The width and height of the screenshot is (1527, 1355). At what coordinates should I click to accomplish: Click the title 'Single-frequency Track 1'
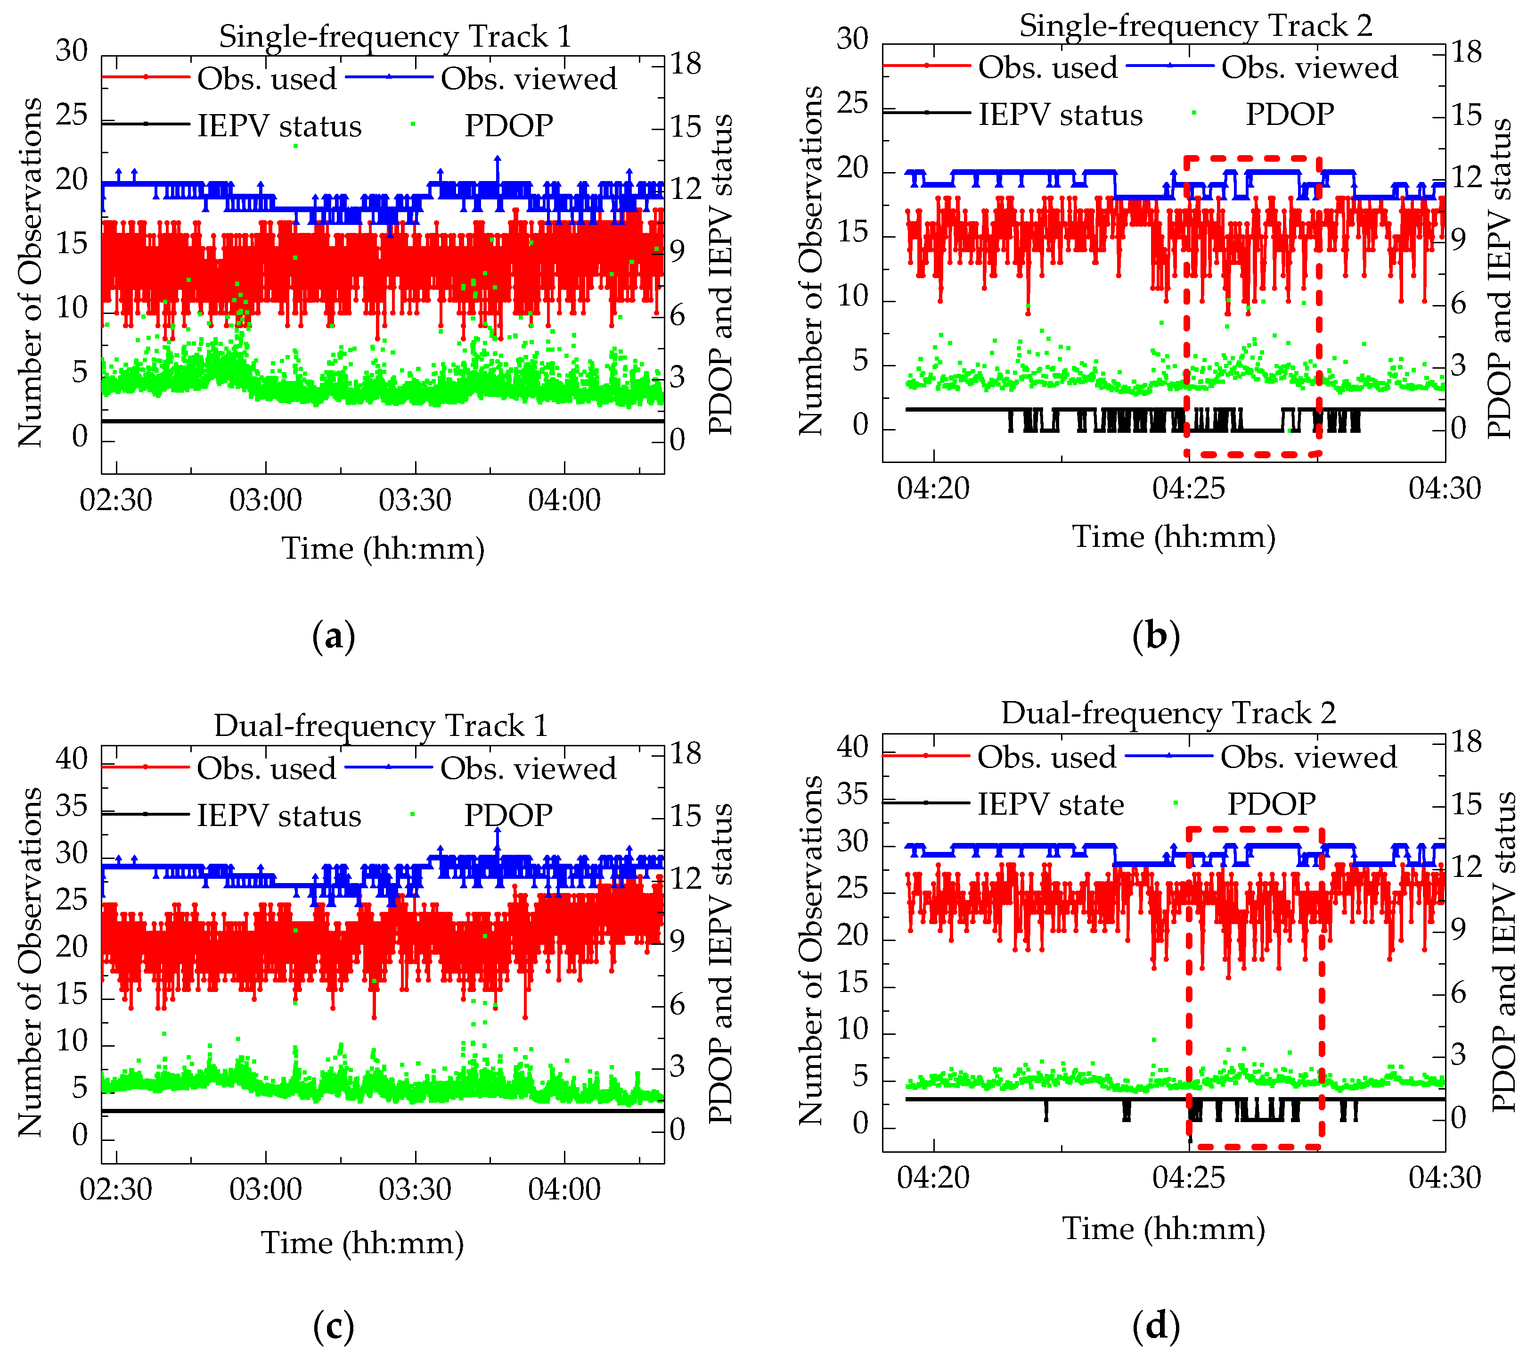pos(394,36)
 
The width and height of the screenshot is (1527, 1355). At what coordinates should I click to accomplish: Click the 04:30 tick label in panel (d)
pos(1444,1177)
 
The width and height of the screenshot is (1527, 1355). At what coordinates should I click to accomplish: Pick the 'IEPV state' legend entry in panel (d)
pos(1050,804)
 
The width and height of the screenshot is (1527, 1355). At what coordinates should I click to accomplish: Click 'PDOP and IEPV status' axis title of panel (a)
pos(720,274)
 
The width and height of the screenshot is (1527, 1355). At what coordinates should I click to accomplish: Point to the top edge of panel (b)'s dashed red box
pos(1251,157)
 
